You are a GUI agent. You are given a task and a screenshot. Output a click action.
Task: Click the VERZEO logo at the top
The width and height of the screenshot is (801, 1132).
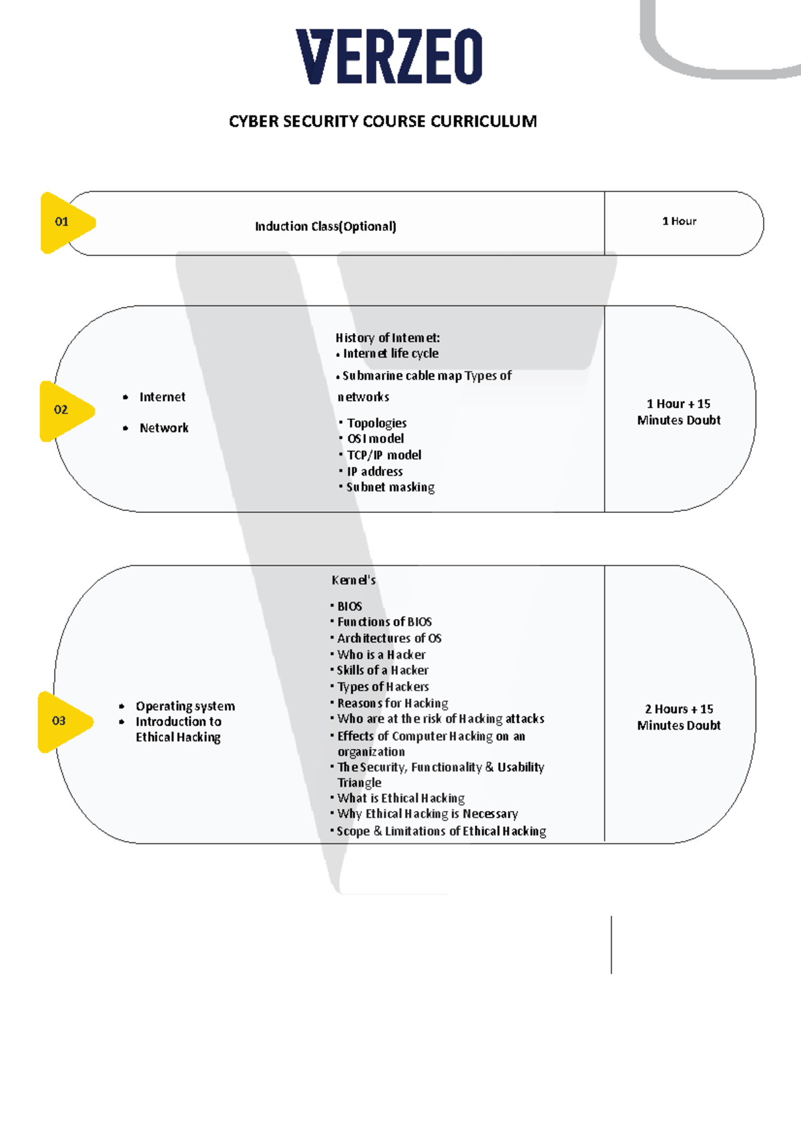click(389, 56)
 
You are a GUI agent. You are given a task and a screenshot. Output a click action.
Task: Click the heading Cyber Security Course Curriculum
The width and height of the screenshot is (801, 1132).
click(382, 122)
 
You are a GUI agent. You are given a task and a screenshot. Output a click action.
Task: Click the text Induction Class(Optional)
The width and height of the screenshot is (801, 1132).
click(326, 226)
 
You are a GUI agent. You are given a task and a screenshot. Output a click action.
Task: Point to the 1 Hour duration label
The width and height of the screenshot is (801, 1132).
click(679, 221)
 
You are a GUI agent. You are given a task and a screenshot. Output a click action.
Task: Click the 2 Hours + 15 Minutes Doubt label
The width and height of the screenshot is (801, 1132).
click(679, 717)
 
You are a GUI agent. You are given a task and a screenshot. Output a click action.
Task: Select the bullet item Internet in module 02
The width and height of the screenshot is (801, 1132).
click(162, 397)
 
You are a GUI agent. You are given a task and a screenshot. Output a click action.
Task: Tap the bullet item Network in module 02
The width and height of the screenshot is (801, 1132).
click(164, 428)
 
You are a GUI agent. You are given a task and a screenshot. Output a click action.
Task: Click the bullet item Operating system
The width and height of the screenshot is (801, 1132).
click(185, 706)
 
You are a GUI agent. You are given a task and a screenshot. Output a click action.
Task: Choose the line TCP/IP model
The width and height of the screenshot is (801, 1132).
click(384, 456)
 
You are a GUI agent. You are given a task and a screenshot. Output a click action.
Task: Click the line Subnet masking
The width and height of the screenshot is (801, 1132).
click(390, 487)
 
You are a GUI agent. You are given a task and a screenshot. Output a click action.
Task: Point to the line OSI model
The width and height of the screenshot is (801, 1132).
click(375, 439)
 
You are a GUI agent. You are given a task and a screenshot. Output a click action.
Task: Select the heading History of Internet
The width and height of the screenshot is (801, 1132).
click(387, 338)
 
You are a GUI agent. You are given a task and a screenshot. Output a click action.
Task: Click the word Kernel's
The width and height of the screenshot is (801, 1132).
click(354, 580)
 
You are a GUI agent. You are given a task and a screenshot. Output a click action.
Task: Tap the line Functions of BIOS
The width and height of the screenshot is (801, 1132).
click(384, 622)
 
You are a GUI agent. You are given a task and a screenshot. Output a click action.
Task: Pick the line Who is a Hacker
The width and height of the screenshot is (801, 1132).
click(381, 654)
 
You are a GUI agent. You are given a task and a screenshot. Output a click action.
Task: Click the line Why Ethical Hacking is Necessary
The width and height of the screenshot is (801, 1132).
click(428, 814)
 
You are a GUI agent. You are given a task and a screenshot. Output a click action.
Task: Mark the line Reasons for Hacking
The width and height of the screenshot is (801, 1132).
click(392, 703)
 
